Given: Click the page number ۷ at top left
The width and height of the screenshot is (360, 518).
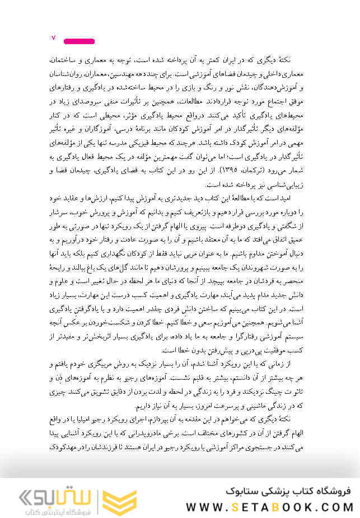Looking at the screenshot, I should click(x=53, y=38).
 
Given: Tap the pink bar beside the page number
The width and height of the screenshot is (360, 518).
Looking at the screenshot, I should click(x=79, y=41).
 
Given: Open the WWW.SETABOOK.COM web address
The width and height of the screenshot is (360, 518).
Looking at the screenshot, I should click(x=269, y=507).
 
